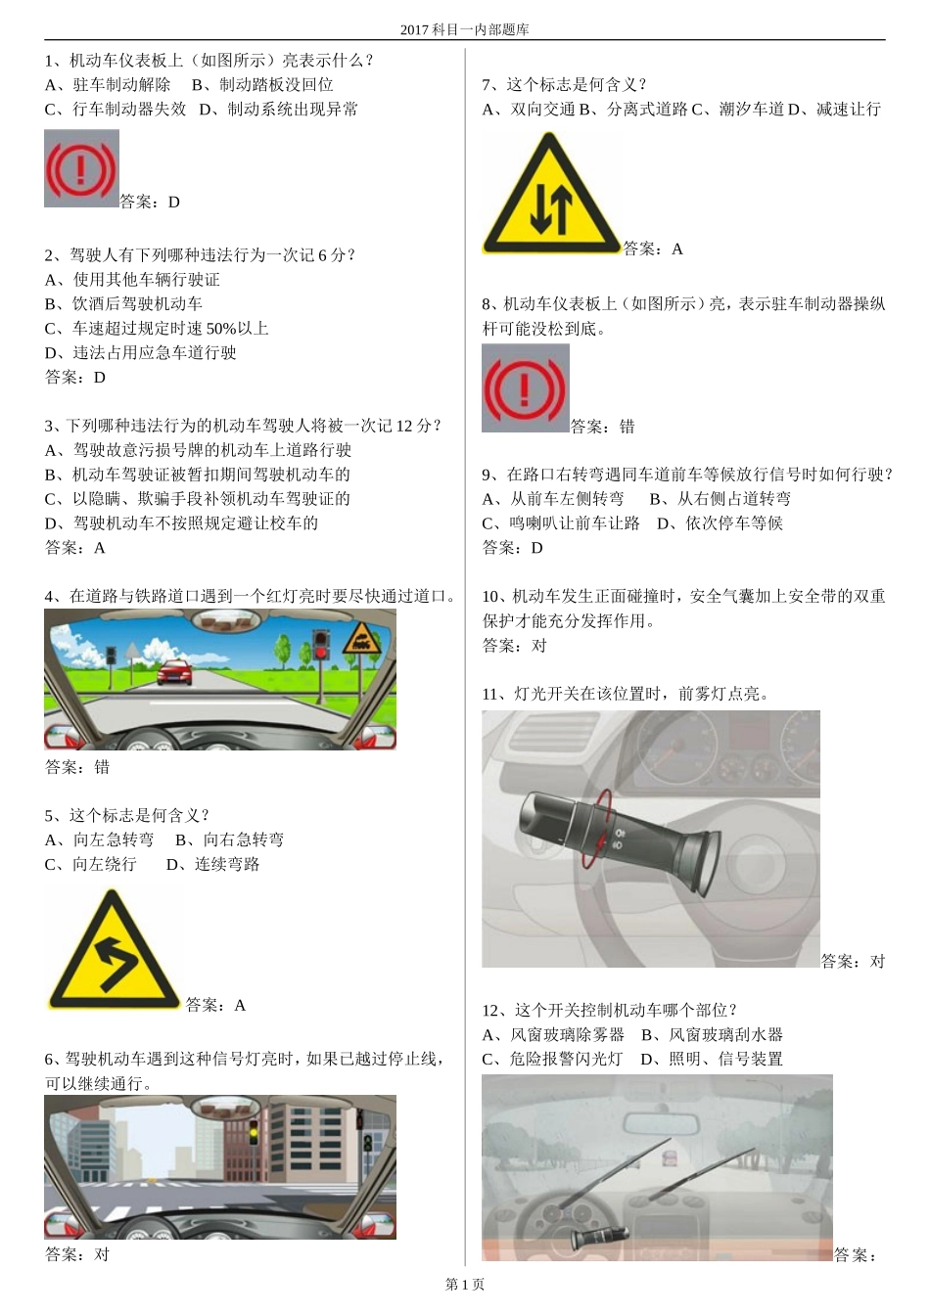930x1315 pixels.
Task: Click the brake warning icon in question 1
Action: click(81, 168)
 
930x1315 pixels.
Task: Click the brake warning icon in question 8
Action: click(525, 388)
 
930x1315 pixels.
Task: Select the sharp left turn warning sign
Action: click(115, 952)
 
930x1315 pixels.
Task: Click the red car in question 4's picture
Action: click(174, 671)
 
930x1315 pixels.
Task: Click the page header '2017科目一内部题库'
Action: click(464, 29)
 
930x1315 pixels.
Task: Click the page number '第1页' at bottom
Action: click(464, 1284)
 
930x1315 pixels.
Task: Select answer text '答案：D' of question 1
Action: click(150, 203)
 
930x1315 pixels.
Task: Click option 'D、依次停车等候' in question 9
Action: click(720, 523)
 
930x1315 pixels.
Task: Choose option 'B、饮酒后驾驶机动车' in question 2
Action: click(123, 303)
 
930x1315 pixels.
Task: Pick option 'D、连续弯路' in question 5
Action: click(212, 864)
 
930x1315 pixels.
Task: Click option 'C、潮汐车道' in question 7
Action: click(738, 110)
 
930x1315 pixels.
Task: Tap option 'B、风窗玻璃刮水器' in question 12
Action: click(712, 1035)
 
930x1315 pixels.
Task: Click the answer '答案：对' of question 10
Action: click(514, 646)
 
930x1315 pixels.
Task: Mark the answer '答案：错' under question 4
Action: click(77, 767)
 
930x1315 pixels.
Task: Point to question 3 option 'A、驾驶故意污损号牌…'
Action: click(198, 450)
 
